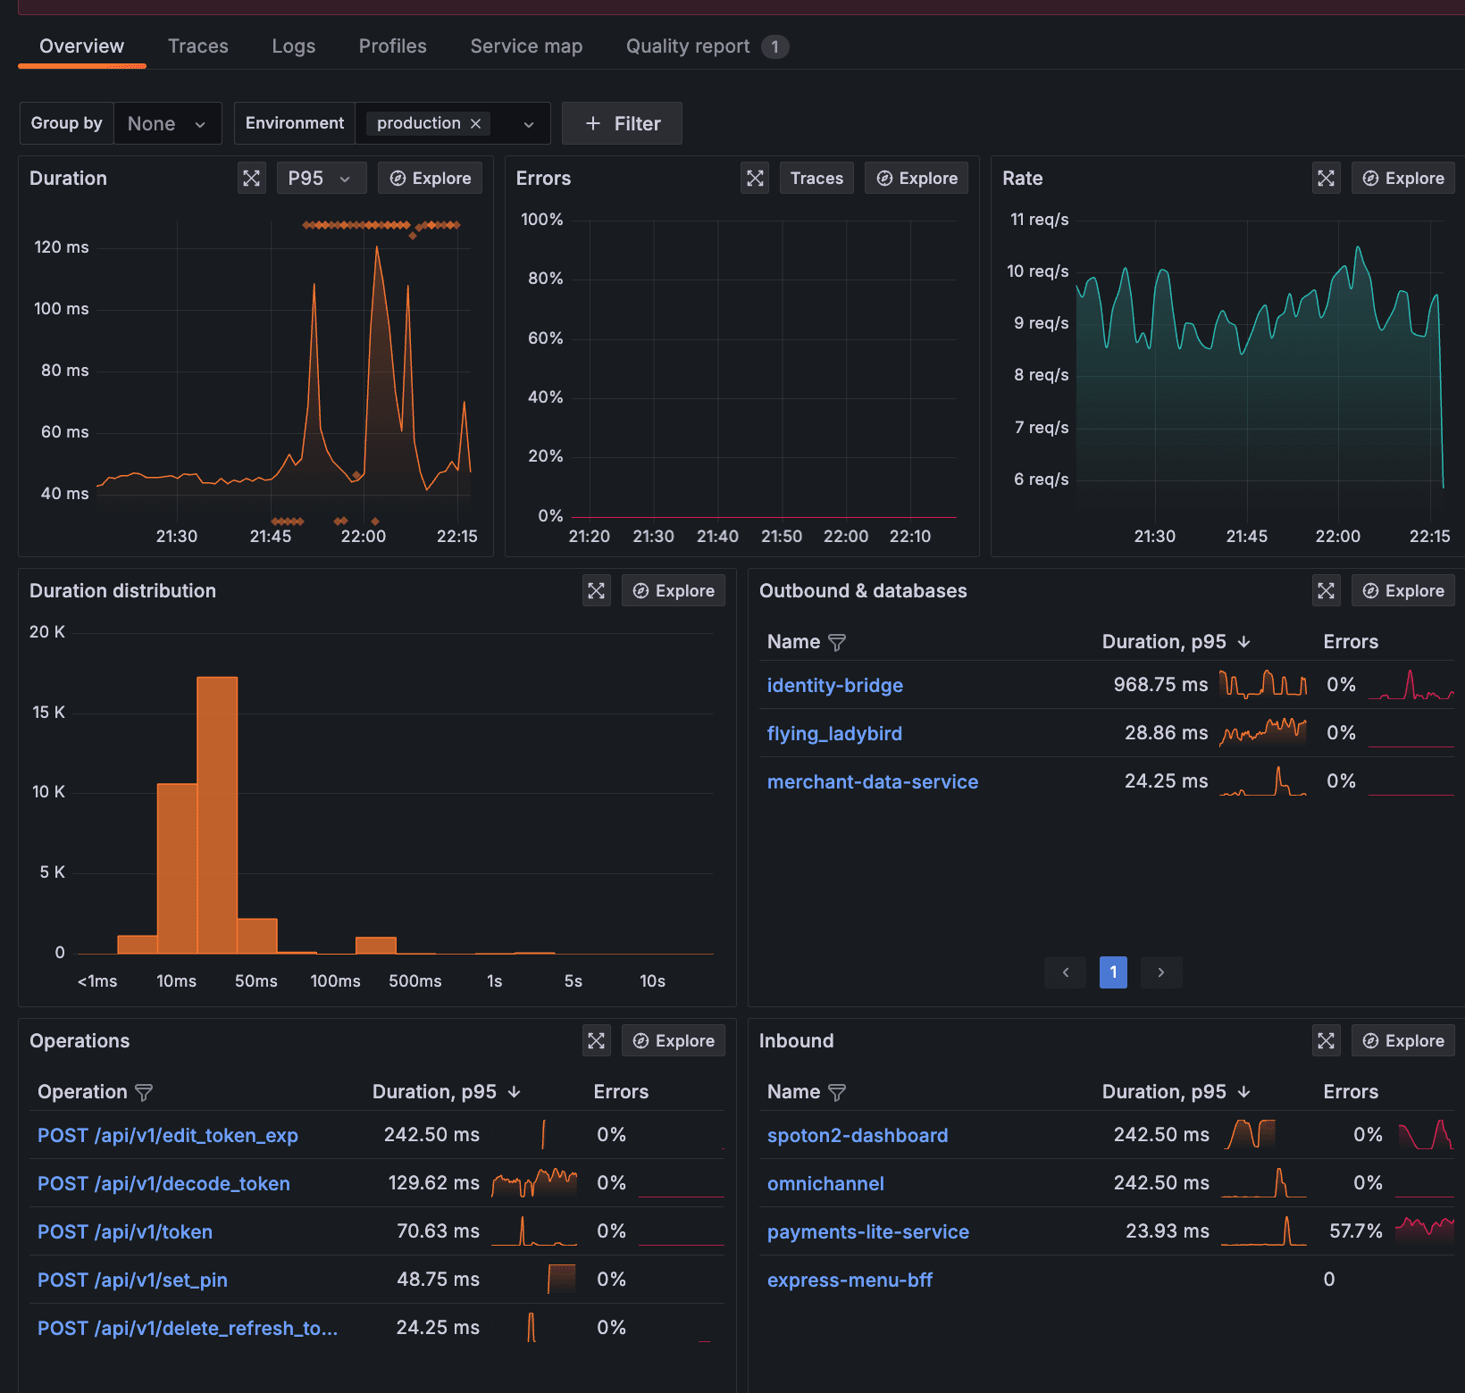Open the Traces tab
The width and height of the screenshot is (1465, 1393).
197,46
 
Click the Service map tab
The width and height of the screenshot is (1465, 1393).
526,46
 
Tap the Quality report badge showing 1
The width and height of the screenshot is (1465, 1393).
774,46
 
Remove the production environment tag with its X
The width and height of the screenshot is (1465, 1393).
475,123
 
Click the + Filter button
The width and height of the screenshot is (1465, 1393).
622,123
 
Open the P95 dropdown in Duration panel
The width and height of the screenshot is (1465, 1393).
320,178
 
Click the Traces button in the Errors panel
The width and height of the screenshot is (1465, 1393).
816,178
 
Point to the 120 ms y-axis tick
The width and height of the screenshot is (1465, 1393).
62,247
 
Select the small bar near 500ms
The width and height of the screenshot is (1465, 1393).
375,945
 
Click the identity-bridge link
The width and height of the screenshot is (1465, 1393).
834,685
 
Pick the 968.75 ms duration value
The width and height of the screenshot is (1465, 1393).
1159,685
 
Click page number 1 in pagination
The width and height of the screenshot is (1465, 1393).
1112,972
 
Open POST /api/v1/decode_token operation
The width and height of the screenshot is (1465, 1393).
163,1183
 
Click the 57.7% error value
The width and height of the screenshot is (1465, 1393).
1355,1231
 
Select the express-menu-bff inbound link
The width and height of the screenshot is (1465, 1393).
850,1280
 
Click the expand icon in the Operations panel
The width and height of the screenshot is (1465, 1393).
596,1040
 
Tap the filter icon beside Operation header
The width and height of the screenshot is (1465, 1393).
144,1092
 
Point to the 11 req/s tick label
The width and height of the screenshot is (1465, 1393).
1039,220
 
